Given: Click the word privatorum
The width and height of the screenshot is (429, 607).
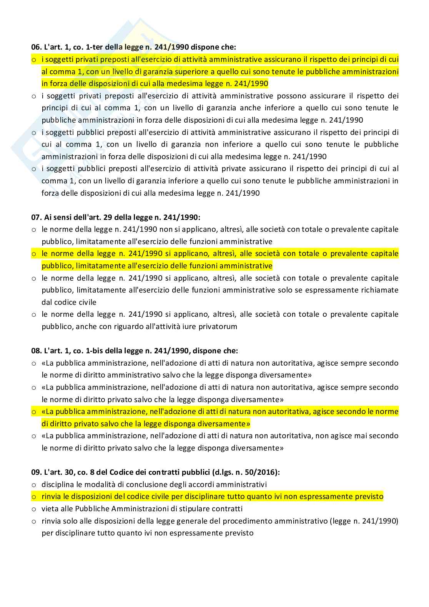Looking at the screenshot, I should pos(218,326).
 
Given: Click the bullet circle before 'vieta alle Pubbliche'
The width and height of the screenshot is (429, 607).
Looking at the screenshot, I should pos(34,509).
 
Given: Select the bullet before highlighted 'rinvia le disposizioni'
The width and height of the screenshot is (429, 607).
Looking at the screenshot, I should pos(34,497).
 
